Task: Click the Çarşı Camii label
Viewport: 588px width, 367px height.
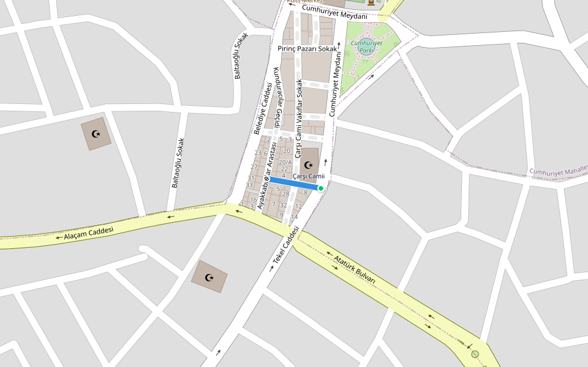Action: pos(308,176)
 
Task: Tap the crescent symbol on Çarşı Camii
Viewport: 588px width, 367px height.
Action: pos(308,165)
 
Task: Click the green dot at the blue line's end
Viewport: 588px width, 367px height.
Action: pos(320,188)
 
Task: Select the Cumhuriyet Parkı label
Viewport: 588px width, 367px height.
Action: pos(367,46)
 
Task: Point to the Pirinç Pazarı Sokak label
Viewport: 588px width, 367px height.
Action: pos(307,48)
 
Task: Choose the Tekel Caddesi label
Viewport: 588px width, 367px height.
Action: pos(285,245)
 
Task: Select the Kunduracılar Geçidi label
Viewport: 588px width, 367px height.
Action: pos(276,97)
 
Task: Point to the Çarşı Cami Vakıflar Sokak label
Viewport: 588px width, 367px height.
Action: pos(299,119)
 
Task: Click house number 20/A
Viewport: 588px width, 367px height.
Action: pos(285,163)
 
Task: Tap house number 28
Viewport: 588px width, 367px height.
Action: pos(285,194)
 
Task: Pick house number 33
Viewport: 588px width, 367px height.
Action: pos(249,185)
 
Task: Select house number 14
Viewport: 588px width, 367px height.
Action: pos(294,217)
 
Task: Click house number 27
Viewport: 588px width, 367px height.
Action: pos(254,167)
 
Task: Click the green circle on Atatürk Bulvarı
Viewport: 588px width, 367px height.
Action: pos(475,354)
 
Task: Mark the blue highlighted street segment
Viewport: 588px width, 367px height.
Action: pos(294,184)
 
